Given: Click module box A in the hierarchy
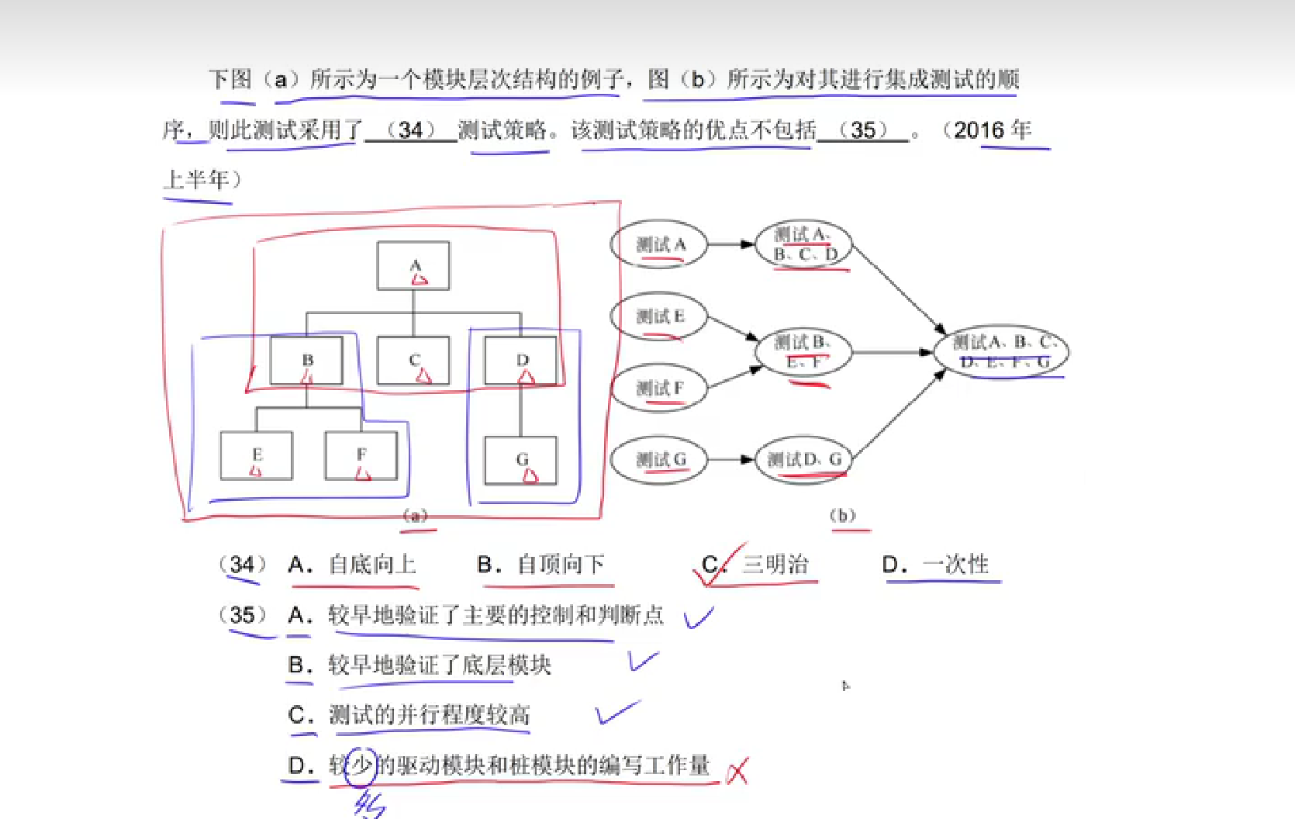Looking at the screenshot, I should tap(413, 266).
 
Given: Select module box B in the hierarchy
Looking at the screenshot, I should tap(306, 361).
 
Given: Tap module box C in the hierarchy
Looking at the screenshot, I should tap(413, 361).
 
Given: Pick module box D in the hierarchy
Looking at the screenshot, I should tap(520, 361).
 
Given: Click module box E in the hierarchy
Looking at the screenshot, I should tap(257, 456).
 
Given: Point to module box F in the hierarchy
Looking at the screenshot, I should tap(361, 456).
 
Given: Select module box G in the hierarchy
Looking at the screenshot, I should tap(520, 460).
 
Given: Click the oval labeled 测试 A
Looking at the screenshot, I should tap(659, 245).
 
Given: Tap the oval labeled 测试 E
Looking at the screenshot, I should tap(659, 316).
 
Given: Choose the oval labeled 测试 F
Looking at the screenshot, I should tap(659, 388).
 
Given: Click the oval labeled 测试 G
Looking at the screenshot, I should tap(659, 460).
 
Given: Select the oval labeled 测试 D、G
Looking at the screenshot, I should tap(803, 460).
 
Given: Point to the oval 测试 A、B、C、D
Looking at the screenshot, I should tap(803, 244).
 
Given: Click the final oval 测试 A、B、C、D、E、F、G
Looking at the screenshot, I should tap(1001, 351).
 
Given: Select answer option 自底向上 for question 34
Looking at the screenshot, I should tap(371, 565).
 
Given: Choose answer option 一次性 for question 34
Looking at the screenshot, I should tap(955, 565).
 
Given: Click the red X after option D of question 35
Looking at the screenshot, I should tap(737, 770).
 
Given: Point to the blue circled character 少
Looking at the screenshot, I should tap(361, 766).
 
